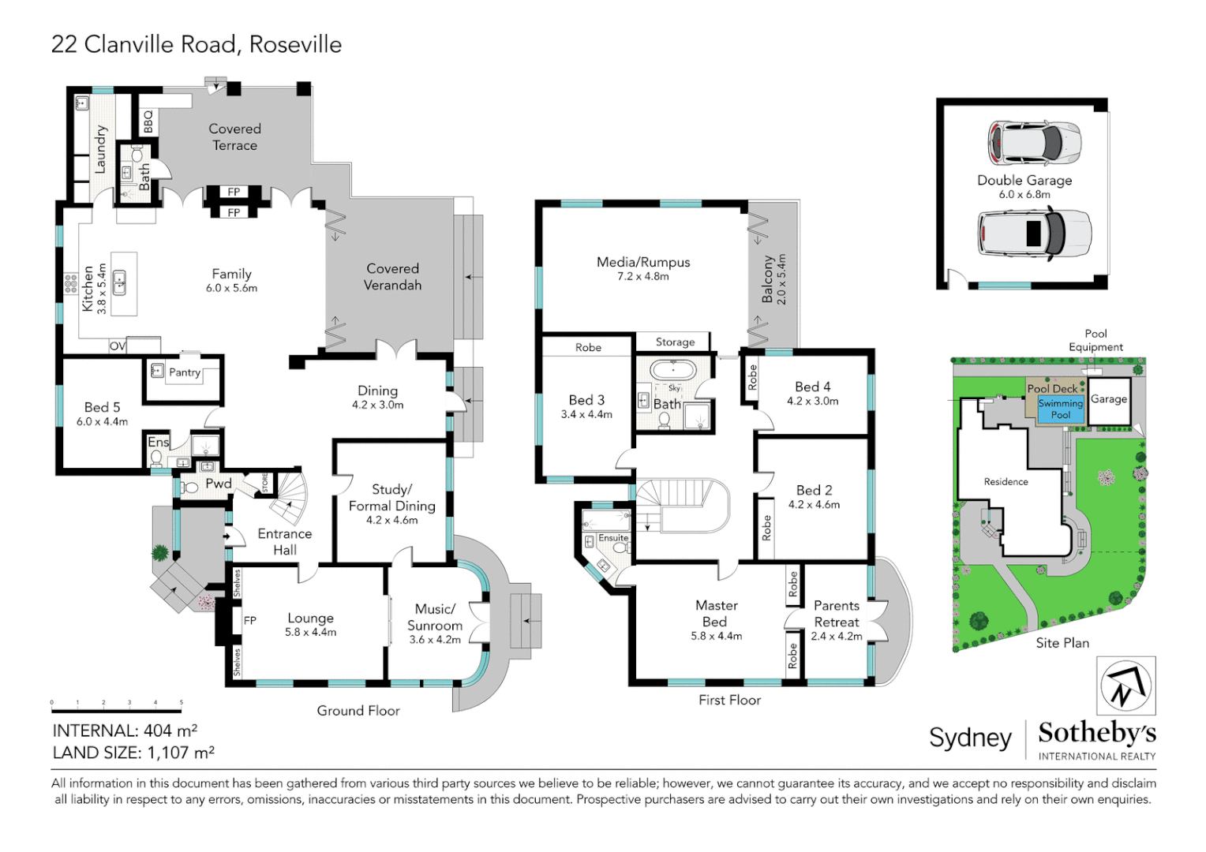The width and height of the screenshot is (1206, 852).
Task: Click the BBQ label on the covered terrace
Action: point(148,121)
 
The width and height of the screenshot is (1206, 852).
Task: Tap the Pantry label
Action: point(185,372)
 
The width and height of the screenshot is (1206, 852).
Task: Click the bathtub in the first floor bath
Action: point(673,370)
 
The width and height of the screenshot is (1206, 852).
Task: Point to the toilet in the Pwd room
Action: point(189,488)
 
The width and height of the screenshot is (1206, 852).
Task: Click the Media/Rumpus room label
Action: point(643,262)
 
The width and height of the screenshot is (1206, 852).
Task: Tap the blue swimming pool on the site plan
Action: point(1060,409)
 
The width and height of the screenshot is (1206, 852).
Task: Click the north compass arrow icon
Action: point(1125,686)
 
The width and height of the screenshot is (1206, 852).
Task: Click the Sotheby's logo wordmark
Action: point(1097,733)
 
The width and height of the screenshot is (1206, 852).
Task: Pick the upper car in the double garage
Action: point(1034,144)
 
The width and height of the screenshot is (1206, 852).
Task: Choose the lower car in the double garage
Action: point(1034,234)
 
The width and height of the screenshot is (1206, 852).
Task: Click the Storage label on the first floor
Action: point(675,342)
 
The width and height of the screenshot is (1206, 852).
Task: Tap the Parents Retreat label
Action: point(836,614)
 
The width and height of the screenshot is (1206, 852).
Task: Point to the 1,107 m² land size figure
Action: point(181,752)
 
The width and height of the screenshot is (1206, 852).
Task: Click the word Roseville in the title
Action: point(295,45)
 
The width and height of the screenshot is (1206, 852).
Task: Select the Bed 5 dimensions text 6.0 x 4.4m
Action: point(102,422)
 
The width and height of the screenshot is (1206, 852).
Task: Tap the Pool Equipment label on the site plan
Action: point(1096,340)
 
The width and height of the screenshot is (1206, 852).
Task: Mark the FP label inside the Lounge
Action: point(250,621)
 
